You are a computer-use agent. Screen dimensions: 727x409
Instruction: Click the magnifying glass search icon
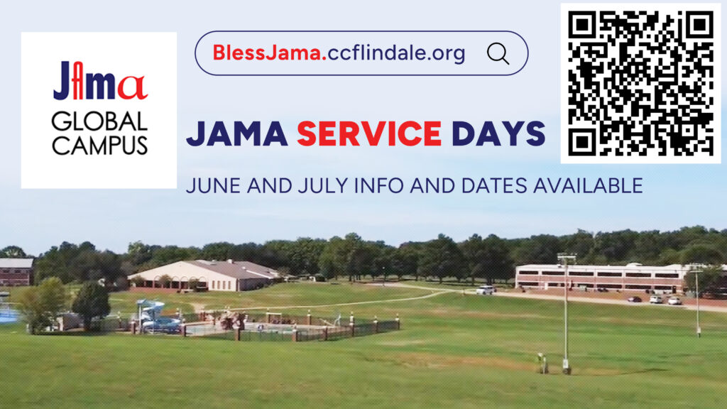point(498,53)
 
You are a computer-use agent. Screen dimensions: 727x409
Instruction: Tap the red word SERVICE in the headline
point(369,133)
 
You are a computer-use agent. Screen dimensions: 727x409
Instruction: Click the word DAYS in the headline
point(498,133)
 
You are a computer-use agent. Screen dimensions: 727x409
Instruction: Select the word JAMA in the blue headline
point(237,133)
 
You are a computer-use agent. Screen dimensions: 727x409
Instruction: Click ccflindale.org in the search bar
point(396,53)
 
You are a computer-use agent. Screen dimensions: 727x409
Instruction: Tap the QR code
point(641,84)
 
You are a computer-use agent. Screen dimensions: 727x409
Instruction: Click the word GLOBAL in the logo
point(99,122)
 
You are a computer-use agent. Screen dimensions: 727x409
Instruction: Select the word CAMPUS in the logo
point(99,145)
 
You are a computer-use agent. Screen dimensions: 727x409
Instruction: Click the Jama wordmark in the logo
point(100,81)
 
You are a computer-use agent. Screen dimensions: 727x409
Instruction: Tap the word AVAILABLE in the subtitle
point(588,186)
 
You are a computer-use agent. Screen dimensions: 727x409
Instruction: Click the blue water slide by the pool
point(152,315)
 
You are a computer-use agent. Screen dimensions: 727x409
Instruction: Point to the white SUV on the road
point(484,290)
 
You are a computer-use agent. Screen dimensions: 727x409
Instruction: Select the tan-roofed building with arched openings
point(204,276)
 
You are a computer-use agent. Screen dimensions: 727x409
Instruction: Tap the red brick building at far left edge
point(17,272)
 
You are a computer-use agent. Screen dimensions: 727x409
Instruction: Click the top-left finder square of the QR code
point(581,24)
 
